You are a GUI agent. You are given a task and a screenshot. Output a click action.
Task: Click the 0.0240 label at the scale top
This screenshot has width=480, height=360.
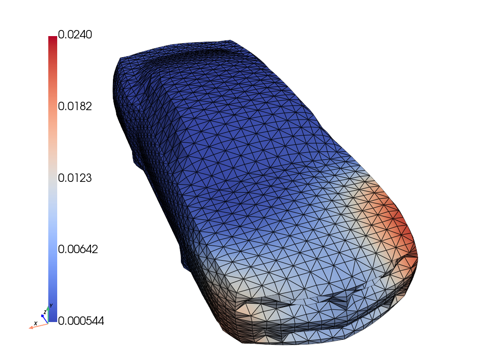coord(75,35)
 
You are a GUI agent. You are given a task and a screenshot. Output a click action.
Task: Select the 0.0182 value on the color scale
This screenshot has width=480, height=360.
coord(75,106)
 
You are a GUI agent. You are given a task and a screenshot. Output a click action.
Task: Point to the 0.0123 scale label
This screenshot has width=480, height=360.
coord(75,178)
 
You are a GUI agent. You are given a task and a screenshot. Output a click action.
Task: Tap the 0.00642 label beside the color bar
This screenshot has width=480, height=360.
coord(78,249)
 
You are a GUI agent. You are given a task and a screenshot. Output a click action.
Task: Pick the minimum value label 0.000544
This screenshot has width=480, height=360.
coord(81,321)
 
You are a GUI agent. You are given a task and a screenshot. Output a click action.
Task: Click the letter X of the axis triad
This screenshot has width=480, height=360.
coord(36,323)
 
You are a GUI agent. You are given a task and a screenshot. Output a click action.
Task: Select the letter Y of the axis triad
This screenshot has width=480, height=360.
coord(51,306)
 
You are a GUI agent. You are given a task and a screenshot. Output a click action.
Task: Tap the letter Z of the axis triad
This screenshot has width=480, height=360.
coord(45,312)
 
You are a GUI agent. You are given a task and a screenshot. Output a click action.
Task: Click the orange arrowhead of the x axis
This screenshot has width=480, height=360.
coord(31,328)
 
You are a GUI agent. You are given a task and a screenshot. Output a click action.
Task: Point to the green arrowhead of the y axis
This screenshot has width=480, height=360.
coord(48,308)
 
